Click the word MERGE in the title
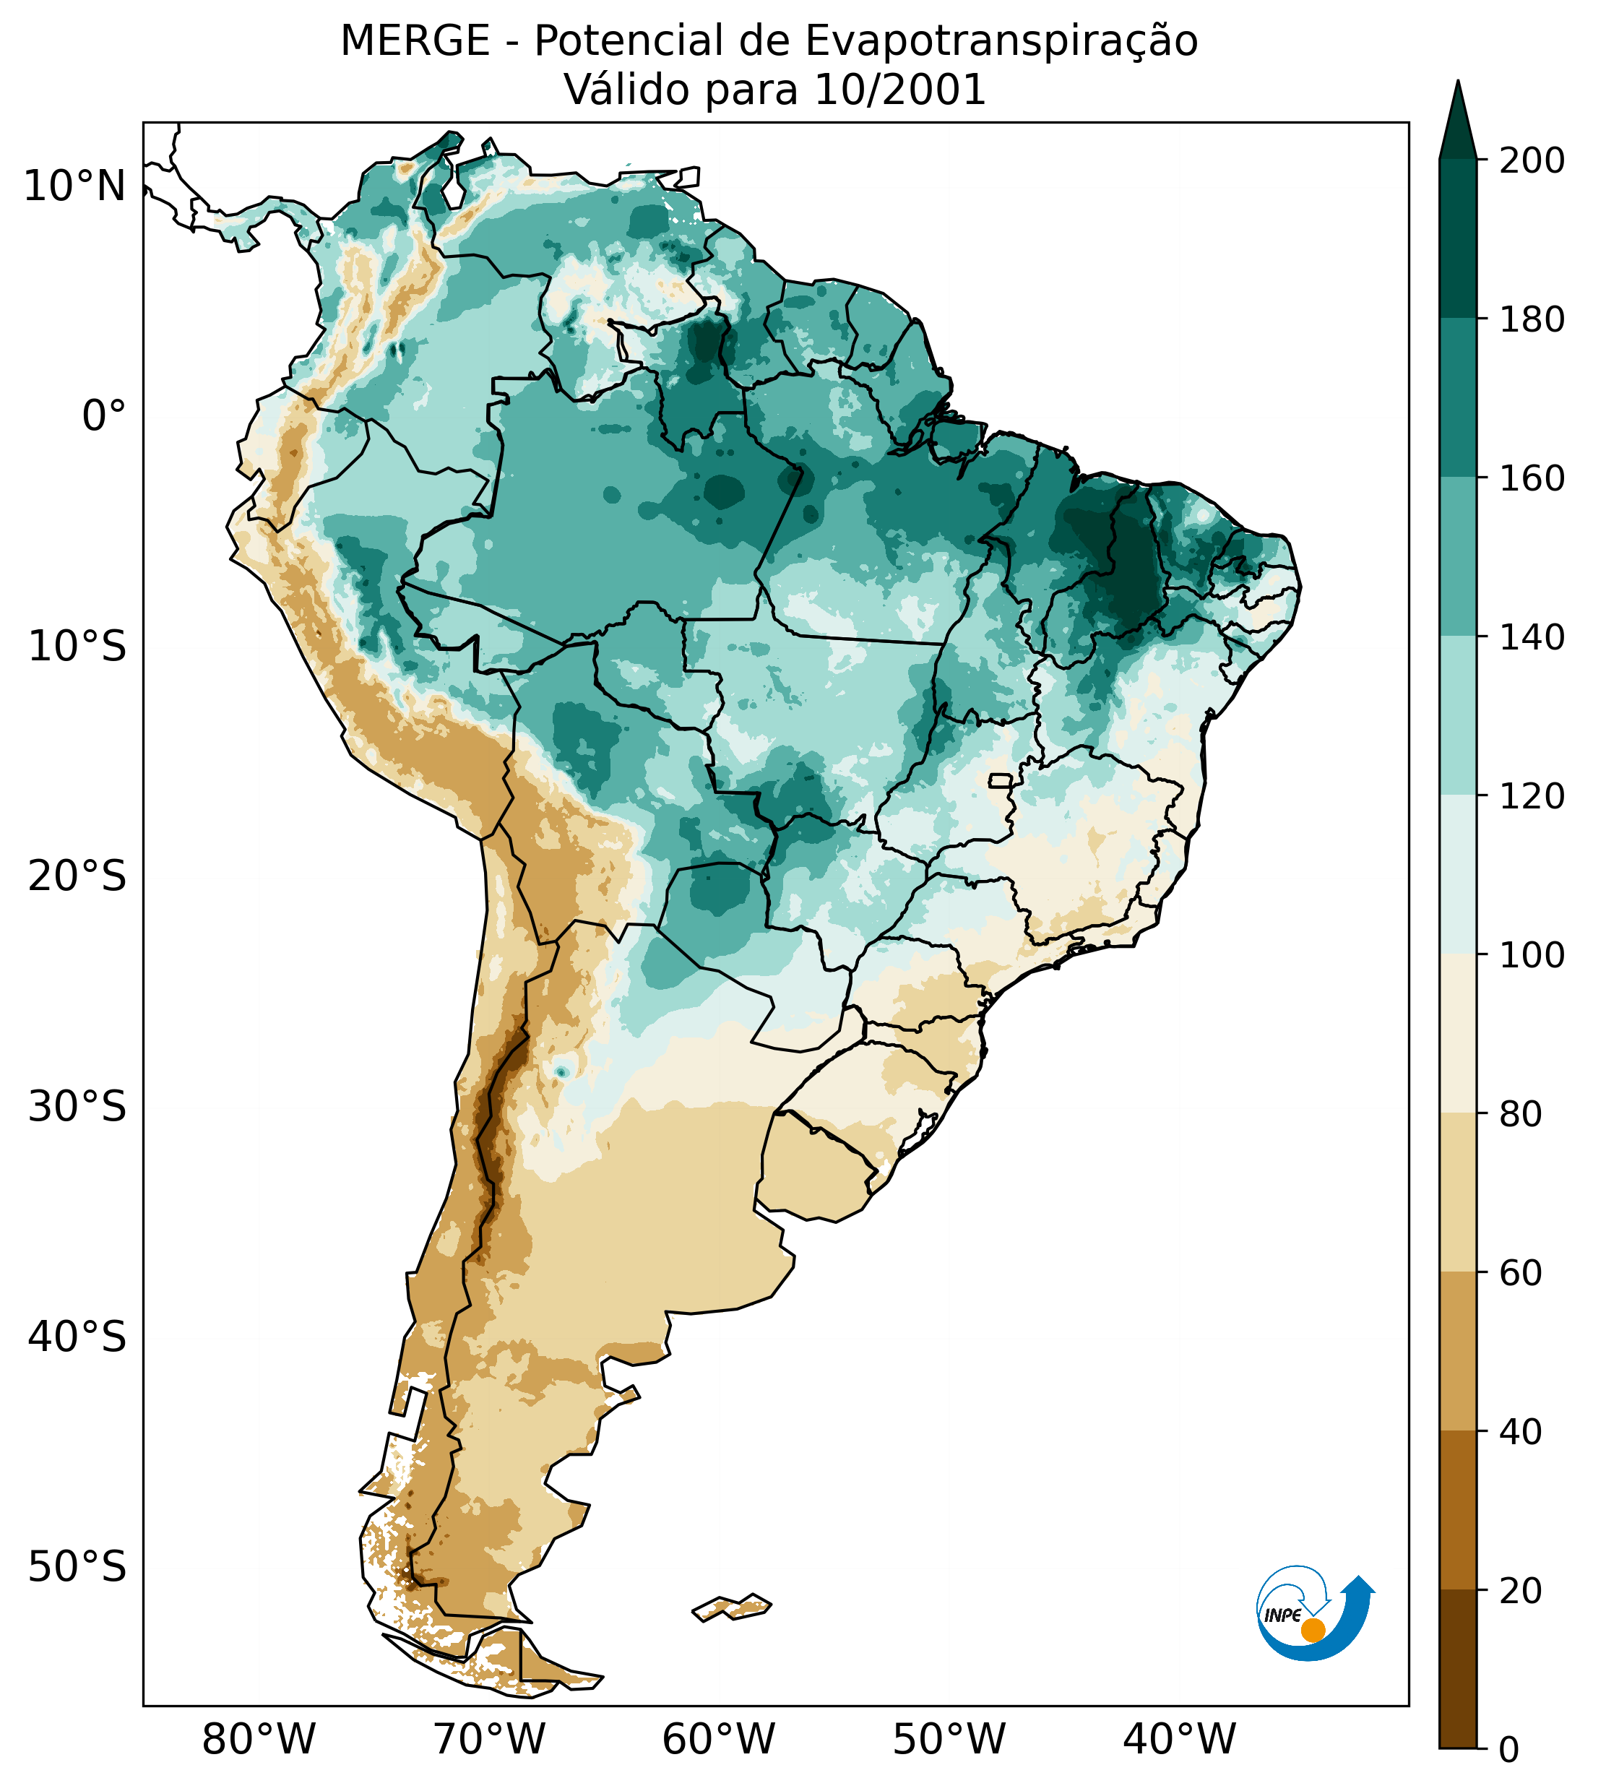[x=415, y=41]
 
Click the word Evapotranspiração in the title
[x=1001, y=41]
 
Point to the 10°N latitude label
[x=75, y=187]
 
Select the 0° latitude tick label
[x=104, y=416]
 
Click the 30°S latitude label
[x=77, y=1106]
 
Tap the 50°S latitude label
[x=77, y=1567]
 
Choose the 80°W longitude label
[x=259, y=1740]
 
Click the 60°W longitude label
[x=719, y=1740]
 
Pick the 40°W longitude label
[x=1180, y=1740]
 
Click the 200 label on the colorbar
[x=1532, y=161]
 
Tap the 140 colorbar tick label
[x=1532, y=638]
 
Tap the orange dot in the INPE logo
[x=1313, y=1630]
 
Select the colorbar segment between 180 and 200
[x=1458, y=239]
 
